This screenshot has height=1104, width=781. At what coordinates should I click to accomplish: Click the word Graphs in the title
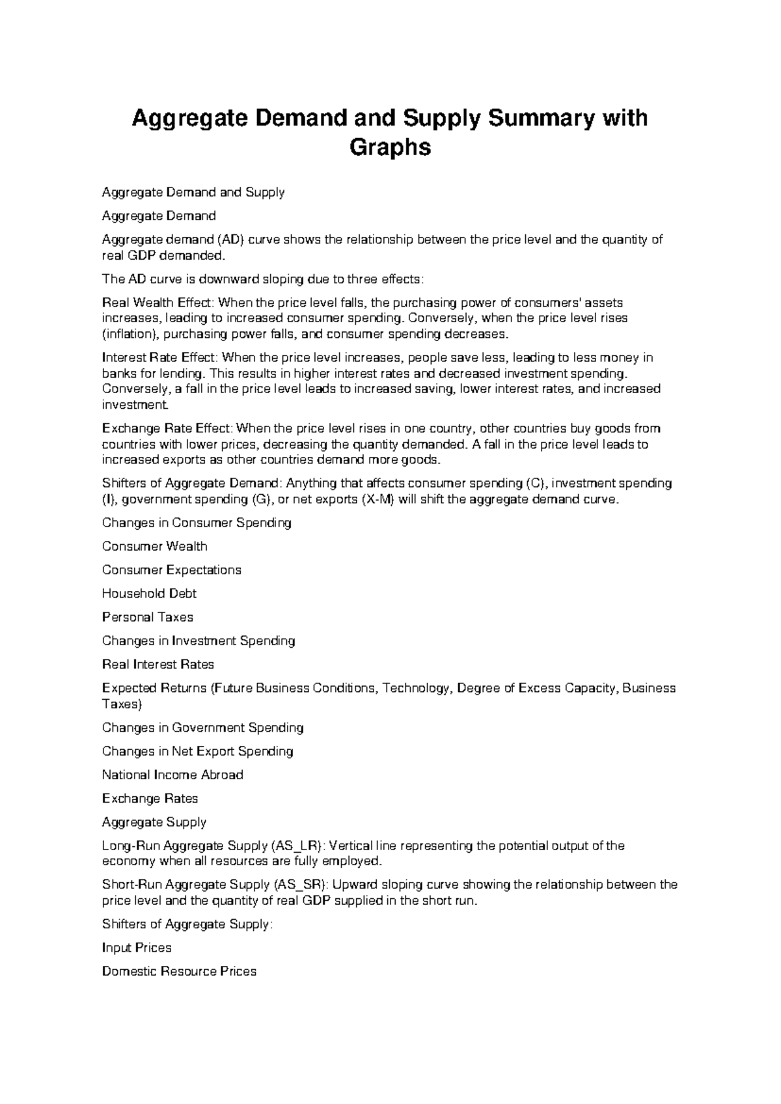point(390,148)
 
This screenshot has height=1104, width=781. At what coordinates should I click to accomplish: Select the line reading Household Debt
point(149,594)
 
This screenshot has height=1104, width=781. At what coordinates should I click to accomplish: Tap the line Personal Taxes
point(148,617)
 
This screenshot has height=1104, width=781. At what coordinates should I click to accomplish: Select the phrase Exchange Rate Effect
point(167,428)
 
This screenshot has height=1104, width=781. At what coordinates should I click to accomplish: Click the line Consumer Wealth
point(155,546)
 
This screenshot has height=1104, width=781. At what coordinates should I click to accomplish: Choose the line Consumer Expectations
point(172,570)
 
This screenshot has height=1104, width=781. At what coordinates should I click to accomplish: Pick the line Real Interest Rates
point(158,665)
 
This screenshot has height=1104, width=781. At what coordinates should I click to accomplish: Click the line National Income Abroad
point(172,775)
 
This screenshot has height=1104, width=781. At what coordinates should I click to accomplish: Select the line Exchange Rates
point(150,799)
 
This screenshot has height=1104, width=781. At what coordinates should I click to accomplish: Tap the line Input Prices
point(137,948)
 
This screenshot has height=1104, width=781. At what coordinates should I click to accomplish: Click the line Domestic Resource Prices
point(179,971)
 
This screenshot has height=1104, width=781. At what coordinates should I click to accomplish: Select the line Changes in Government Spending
point(202,728)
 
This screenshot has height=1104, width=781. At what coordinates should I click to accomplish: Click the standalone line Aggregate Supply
point(154,822)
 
